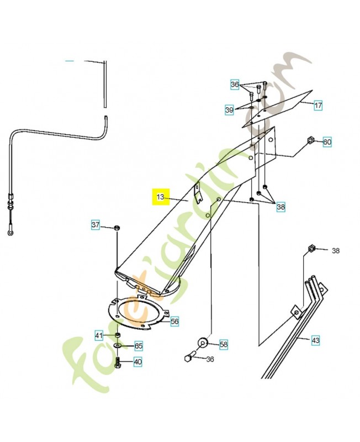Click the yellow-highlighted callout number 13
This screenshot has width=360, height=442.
(161, 197)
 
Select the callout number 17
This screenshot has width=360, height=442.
(318, 105)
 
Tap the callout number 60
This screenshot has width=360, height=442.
(327, 142)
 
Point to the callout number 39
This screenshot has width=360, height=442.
(229, 110)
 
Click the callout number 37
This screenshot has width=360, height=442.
(96, 225)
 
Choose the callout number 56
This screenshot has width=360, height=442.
(174, 321)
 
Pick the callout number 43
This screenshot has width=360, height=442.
(315, 340)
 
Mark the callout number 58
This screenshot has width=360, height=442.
(224, 344)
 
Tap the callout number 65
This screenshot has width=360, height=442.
(139, 346)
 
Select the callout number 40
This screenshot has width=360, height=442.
(137, 362)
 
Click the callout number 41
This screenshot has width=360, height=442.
(99, 335)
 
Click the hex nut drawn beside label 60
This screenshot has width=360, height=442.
(310, 141)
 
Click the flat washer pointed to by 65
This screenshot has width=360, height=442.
(118, 346)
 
